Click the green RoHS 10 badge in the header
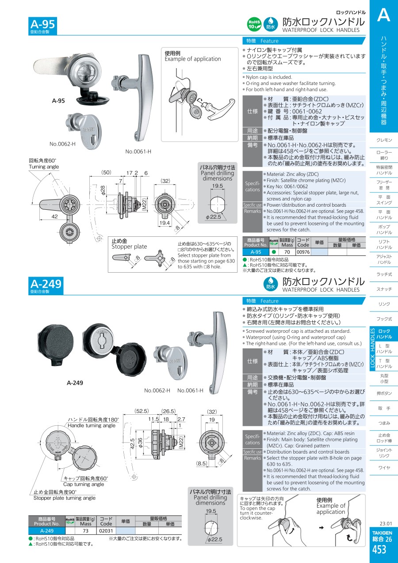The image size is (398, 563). (x=254, y=24)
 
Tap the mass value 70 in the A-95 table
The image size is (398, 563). (x=287, y=252)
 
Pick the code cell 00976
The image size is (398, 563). (x=303, y=252)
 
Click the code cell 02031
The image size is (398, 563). (x=106, y=531)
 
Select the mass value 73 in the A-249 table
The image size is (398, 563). (x=86, y=531)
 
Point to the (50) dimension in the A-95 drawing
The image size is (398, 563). (x=106, y=173)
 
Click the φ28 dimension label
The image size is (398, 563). (x=103, y=190)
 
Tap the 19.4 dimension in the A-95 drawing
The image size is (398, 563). (x=165, y=223)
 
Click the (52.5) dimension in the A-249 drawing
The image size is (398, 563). (x=142, y=411)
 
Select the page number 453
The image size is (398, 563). (x=379, y=550)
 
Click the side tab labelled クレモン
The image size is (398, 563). (x=384, y=140)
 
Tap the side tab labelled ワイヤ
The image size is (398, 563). (x=384, y=467)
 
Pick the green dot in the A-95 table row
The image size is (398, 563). (x=274, y=252)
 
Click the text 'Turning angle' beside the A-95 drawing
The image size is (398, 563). (x=44, y=166)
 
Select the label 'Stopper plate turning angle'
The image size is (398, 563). (x=65, y=497)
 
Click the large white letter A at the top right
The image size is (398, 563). (x=384, y=15)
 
